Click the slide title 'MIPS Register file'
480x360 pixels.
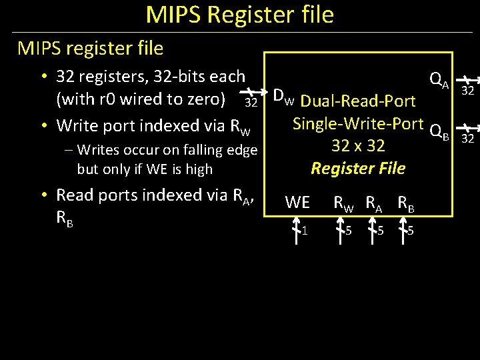pyautogui.click(x=239, y=15)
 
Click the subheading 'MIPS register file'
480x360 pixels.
pyautogui.click(x=90, y=48)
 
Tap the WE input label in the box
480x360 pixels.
pyautogui.click(x=297, y=202)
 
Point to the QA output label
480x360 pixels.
pyautogui.click(x=439, y=81)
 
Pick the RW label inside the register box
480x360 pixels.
pyautogui.click(x=344, y=203)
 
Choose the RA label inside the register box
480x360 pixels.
pyautogui.click(x=377, y=203)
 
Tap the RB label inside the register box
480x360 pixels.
pyautogui.click(x=407, y=203)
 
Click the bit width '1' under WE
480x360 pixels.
pyautogui.click(x=304, y=231)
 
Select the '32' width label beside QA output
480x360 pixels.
pyautogui.click(x=467, y=91)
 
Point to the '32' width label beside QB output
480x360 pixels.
pyautogui.click(x=467, y=139)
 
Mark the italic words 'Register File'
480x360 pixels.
pyautogui.click(x=358, y=168)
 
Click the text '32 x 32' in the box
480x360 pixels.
pyautogui.click(x=358, y=145)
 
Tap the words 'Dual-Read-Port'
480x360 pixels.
pyautogui.click(x=358, y=101)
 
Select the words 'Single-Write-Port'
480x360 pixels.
pyautogui.click(x=358, y=123)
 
